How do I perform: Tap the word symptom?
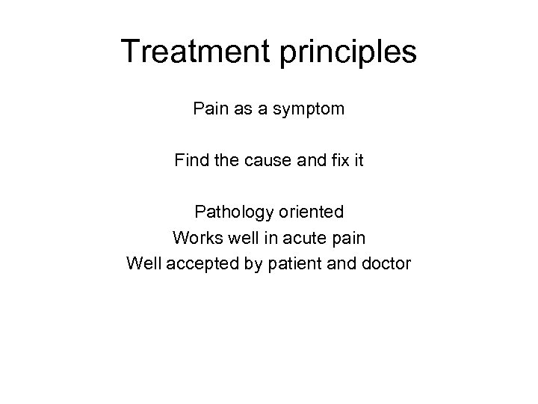[x=309, y=109]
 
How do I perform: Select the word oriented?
[x=313, y=212]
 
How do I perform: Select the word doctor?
[x=385, y=263]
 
